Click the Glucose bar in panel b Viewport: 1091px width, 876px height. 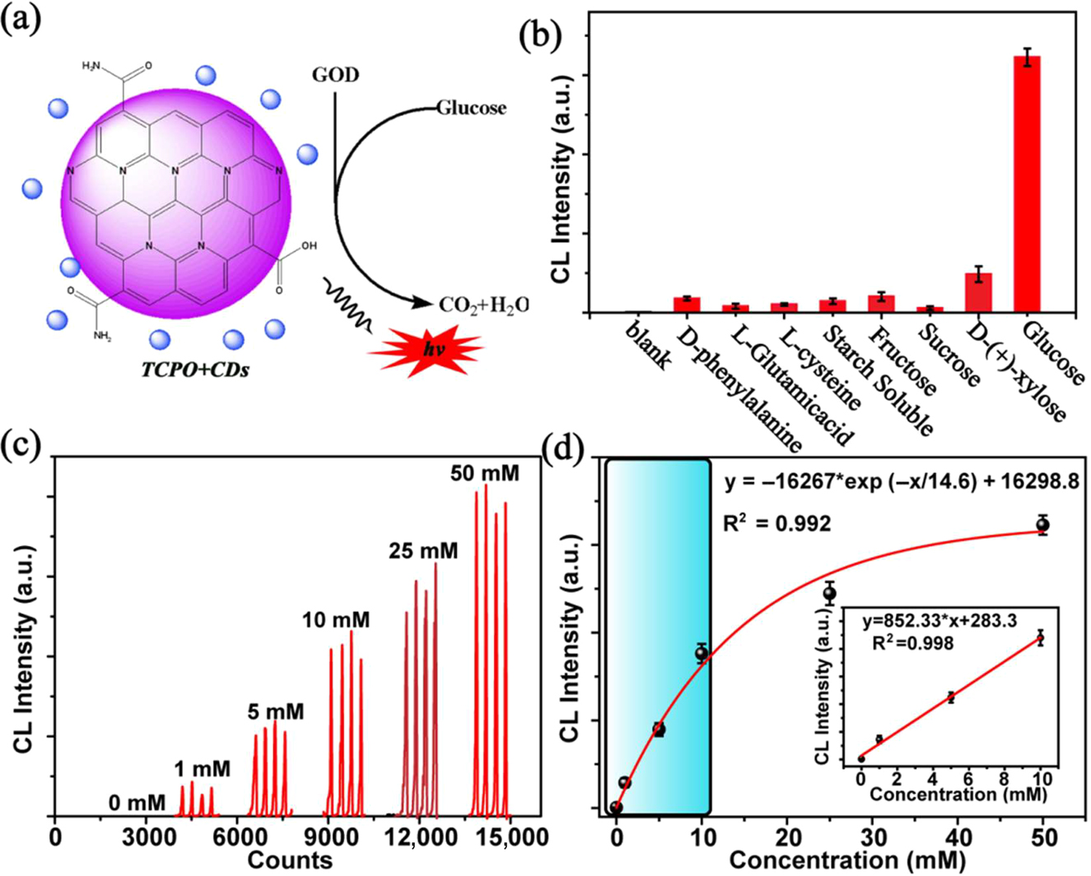(1027, 184)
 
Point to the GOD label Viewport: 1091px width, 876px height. (335, 76)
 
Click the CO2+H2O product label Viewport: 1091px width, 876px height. (483, 305)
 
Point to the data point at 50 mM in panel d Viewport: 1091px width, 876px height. (1043, 524)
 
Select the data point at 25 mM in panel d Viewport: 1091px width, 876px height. (829, 593)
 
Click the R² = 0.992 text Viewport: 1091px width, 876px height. (778, 524)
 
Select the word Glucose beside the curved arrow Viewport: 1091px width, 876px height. (471, 108)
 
